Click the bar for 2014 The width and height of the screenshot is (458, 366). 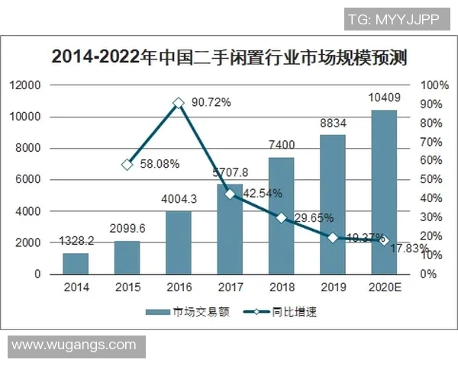pyautogui.click(x=76, y=263)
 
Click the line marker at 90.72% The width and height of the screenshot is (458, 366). pyautogui.click(x=178, y=102)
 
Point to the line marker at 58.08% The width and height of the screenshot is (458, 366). pyautogui.click(x=127, y=164)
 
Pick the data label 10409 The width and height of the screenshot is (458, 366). pyautogui.click(x=384, y=98)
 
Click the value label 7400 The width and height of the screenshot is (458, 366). pyautogui.click(x=282, y=146)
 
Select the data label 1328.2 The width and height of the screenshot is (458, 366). pyautogui.click(x=76, y=241)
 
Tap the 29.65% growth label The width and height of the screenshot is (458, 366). pyautogui.click(x=312, y=219)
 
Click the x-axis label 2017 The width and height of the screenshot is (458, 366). pyautogui.click(x=230, y=287)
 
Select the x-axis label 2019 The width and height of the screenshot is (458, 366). pyautogui.click(x=333, y=287)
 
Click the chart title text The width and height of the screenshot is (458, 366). pyautogui.click(x=228, y=56)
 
